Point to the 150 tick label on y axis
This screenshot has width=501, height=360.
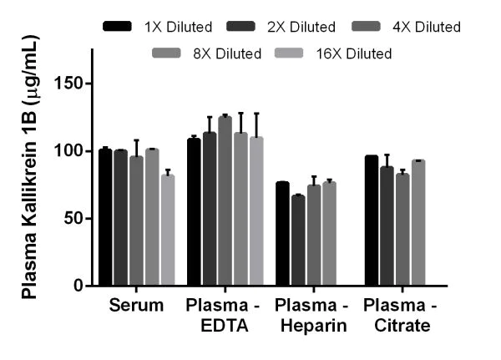pos(70,84)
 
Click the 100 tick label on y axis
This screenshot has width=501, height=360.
pos(70,151)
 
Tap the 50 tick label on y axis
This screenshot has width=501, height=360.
pos(74,218)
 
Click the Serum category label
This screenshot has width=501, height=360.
pos(136,306)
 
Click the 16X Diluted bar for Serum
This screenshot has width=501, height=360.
pos(168,230)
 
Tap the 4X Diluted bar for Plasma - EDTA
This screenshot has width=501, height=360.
pos(225,201)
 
